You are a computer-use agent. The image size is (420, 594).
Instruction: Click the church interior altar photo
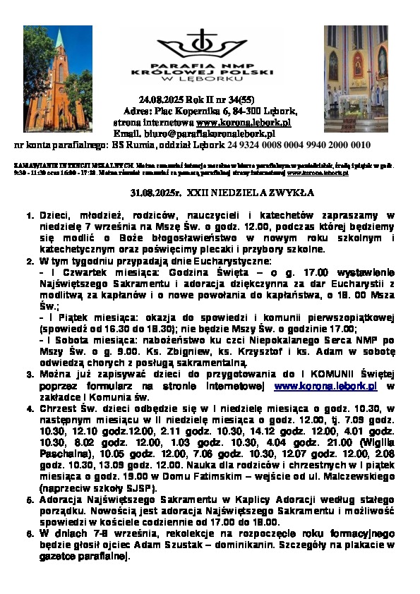(x=356, y=70)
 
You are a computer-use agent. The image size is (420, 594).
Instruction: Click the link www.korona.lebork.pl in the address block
(x=235, y=123)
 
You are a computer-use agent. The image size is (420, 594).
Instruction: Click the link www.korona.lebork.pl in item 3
(x=325, y=387)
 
